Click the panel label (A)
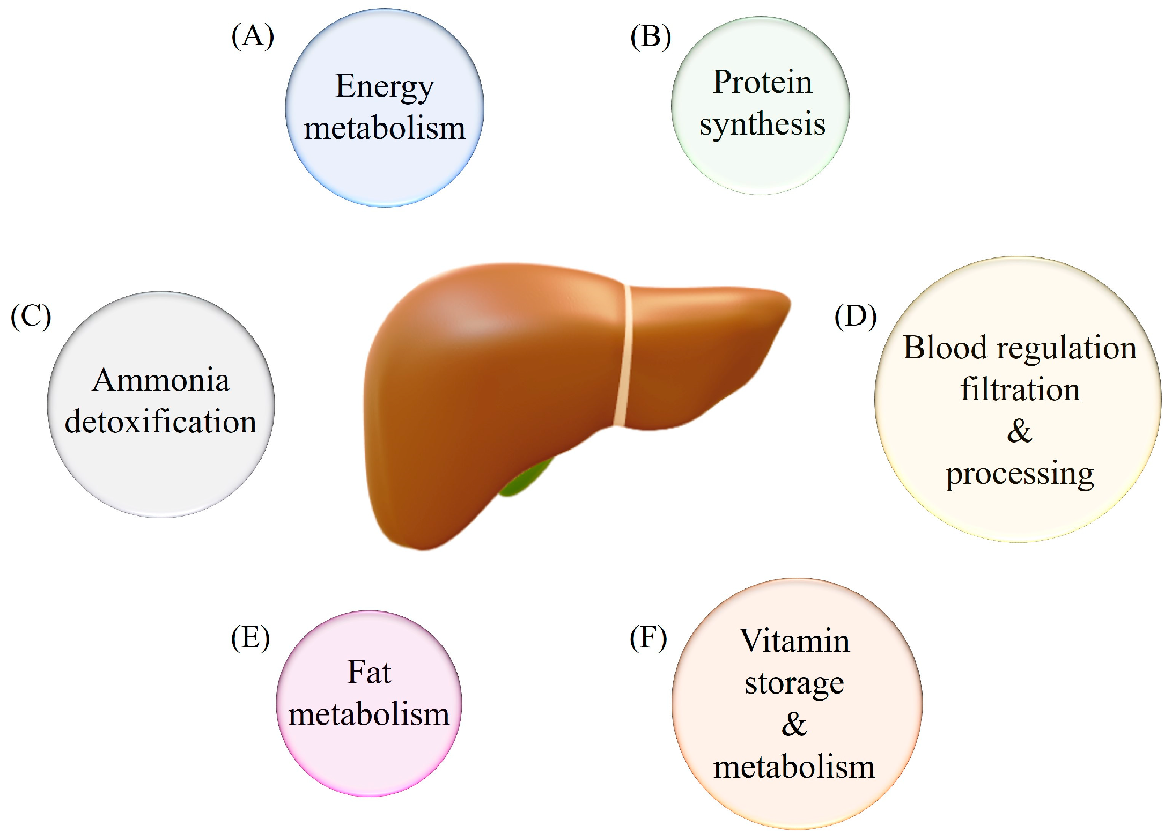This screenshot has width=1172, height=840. [253, 37]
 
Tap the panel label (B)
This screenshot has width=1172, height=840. [651, 37]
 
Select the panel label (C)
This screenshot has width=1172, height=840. [31, 316]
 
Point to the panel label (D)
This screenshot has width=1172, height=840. [856, 316]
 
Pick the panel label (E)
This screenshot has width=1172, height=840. [250, 638]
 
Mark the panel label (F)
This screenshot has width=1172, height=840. [648, 638]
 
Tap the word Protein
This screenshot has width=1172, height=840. [762, 83]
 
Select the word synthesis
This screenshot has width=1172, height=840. [762, 125]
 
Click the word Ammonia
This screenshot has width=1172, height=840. [161, 380]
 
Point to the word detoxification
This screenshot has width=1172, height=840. [161, 422]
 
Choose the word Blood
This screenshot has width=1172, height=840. [945, 348]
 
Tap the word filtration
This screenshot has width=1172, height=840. [1020, 389]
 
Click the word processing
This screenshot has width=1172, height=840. [1020, 474]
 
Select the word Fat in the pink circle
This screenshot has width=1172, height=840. [369, 672]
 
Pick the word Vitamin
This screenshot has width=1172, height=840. [794, 641]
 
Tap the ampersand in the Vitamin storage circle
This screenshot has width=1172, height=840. [794, 725]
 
